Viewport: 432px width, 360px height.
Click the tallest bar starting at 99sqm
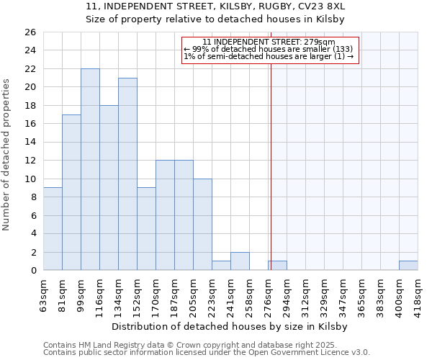[x=90, y=169]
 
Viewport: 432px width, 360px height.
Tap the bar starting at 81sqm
[x=71, y=192]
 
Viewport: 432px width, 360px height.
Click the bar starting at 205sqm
[x=202, y=224]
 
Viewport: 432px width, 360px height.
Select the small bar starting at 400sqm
[x=408, y=266]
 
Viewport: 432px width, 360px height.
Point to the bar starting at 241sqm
[x=240, y=261]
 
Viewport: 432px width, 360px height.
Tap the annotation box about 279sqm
[x=269, y=49]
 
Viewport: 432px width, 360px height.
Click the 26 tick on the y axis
[x=30, y=32]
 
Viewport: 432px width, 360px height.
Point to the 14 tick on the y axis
[x=30, y=143]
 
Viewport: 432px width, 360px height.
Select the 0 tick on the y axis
[x=33, y=271]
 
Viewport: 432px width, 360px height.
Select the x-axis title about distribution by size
[x=230, y=326]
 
